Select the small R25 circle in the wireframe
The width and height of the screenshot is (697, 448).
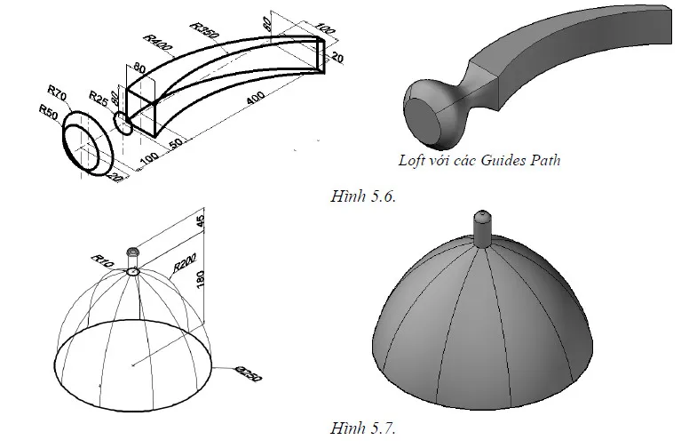tap(123, 123)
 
